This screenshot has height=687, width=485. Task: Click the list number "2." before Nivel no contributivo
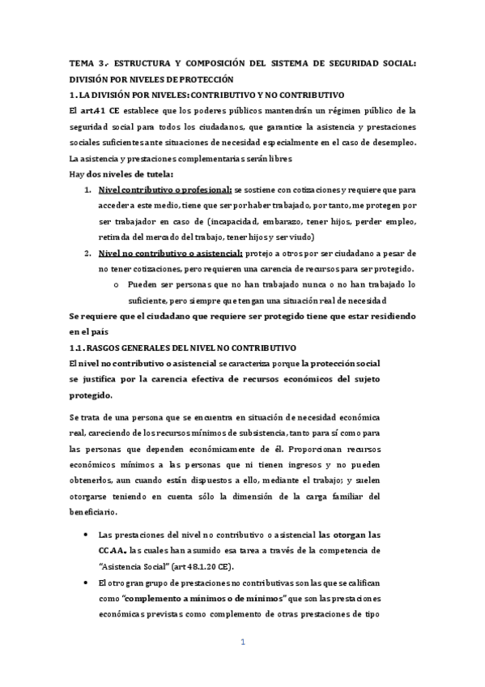click(87, 253)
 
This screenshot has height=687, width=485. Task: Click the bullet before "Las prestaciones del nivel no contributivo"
click(87, 536)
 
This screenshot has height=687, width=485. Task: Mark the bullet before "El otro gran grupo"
click(87, 582)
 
